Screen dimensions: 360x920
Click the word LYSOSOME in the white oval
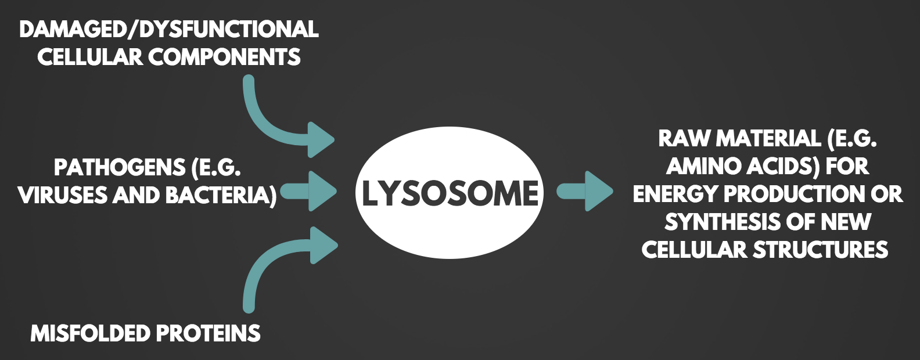(450, 193)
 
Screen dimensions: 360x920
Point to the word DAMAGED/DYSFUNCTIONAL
(168, 29)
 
